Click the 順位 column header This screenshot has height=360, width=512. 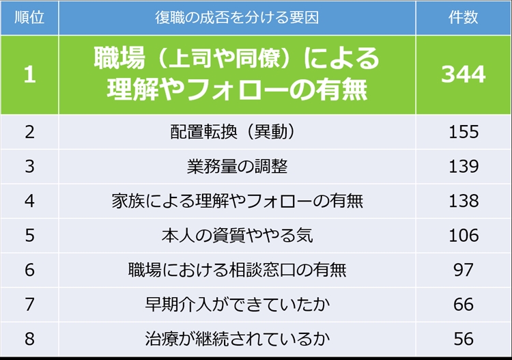(x=29, y=17)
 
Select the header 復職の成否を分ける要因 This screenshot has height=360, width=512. (x=237, y=18)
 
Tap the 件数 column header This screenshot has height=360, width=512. (x=463, y=17)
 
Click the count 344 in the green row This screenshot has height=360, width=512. (x=464, y=74)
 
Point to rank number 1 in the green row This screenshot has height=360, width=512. (x=30, y=74)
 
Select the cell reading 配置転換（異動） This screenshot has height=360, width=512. (x=233, y=132)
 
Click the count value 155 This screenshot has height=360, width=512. (x=464, y=132)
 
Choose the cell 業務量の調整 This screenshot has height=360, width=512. (x=237, y=166)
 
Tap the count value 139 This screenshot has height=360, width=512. (x=464, y=166)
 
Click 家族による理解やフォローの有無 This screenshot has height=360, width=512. (x=238, y=201)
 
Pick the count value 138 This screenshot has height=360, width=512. (x=464, y=201)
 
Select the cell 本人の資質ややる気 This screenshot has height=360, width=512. (x=238, y=236)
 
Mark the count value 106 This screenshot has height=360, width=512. (x=464, y=236)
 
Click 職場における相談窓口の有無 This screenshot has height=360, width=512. (x=238, y=270)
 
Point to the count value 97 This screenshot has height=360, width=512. (x=464, y=270)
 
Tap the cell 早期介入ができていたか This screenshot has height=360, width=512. (x=238, y=305)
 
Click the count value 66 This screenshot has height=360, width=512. (x=464, y=305)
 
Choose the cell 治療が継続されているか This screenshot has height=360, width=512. (x=238, y=339)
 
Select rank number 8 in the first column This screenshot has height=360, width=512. (x=30, y=339)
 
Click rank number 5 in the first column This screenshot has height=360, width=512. (x=30, y=236)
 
